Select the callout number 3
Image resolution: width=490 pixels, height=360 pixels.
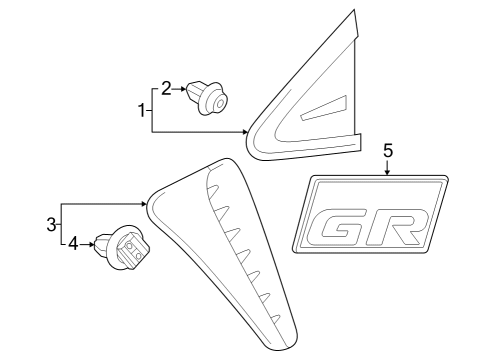(x=51, y=222)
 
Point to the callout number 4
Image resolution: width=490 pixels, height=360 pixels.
(x=72, y=242)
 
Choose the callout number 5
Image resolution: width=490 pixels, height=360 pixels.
(x=388, y=150)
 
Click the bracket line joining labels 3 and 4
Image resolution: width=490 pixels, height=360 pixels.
(x=62, y=223)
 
